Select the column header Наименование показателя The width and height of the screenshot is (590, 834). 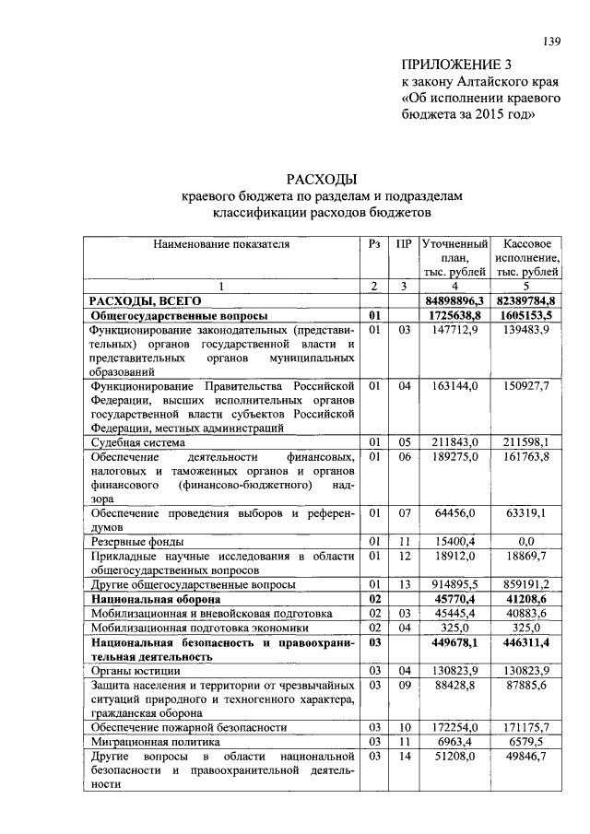[221, 244]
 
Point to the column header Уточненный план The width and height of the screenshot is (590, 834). [454, 258]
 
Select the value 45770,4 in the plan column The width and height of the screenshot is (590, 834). [461, 598]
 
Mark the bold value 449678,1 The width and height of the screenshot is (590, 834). [458, 641]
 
